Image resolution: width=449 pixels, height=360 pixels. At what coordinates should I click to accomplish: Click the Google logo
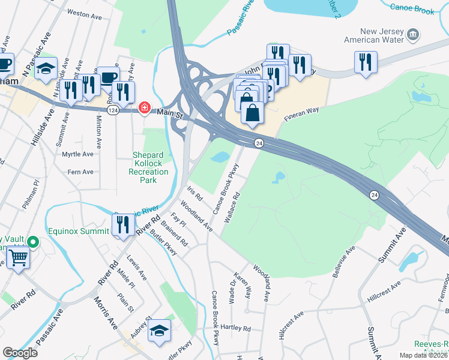tap(20, 352)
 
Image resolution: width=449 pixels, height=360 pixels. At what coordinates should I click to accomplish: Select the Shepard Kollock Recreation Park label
tap(144, 167)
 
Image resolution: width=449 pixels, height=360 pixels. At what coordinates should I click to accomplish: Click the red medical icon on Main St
tap(144, 108)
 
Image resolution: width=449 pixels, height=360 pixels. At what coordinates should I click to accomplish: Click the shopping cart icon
tap(18, 258)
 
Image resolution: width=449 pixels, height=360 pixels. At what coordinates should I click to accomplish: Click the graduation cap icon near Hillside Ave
tap(45, 68)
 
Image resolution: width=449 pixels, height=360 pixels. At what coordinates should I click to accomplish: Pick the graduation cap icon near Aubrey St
tap(160, 330)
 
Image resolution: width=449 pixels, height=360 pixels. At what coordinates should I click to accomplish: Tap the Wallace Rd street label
tap(232, 208)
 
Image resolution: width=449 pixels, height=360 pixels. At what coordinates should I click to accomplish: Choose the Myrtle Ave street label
tap(78, 154)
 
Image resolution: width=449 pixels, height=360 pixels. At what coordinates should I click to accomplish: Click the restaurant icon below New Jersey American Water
tap(365, 62)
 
